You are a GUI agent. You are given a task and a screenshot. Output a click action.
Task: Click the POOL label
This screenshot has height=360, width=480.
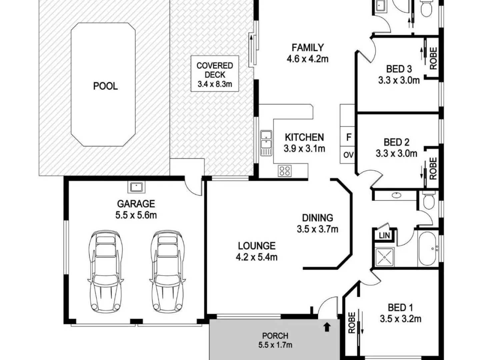105,86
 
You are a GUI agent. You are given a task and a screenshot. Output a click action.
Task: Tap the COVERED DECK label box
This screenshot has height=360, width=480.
215,73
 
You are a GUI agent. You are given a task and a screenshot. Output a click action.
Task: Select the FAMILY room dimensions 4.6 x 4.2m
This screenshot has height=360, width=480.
307,59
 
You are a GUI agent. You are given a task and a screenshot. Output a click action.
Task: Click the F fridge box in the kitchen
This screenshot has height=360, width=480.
347,137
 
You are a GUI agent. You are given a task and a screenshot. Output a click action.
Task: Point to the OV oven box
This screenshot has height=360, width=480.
347,155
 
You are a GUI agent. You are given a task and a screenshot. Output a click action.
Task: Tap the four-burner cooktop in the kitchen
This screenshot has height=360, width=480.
285,171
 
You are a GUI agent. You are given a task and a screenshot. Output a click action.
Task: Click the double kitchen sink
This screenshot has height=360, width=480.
266,143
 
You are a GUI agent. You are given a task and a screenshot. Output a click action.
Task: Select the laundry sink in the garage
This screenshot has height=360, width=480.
136,187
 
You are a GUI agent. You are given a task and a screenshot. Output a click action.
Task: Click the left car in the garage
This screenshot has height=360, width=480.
106,272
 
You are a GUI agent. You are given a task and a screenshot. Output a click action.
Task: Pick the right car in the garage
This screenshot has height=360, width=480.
168,272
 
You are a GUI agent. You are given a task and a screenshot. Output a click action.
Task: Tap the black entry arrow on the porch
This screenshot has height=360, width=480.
327,327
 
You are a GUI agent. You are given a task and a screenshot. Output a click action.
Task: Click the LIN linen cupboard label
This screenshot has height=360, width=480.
384,236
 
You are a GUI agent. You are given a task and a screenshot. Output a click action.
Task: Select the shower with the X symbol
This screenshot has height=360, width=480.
384,257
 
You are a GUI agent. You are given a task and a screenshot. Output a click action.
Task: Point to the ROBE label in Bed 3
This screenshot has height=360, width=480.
433,58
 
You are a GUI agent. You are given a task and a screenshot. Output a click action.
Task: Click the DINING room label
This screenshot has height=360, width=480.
318,218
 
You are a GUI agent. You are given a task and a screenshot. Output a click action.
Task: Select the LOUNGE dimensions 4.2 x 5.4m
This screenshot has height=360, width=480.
257,257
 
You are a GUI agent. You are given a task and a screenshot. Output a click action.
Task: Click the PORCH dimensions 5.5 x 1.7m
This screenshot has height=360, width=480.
275,345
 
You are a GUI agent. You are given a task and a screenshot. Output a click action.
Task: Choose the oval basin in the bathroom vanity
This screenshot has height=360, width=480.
396,195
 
